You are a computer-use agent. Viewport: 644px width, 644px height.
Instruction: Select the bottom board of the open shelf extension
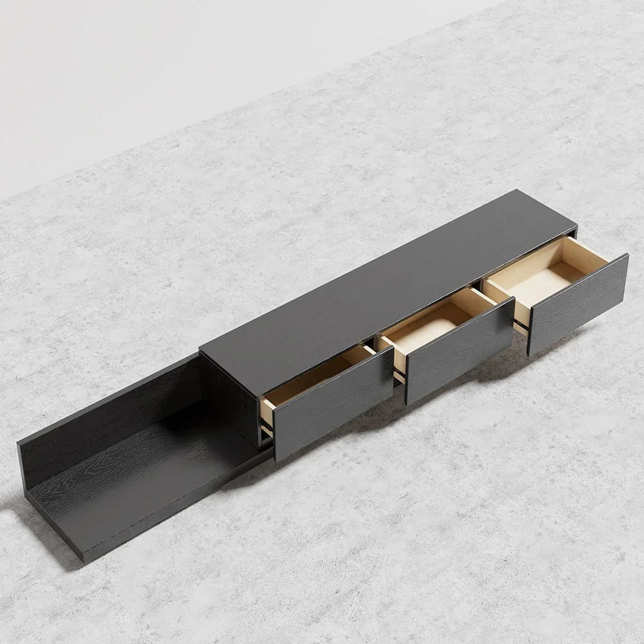[142, 477]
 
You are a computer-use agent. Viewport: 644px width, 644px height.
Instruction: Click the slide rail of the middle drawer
[399, 374]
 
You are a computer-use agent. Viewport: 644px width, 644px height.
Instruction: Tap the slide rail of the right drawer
[523, 322]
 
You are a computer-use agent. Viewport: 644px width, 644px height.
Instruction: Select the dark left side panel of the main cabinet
[232, 399]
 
